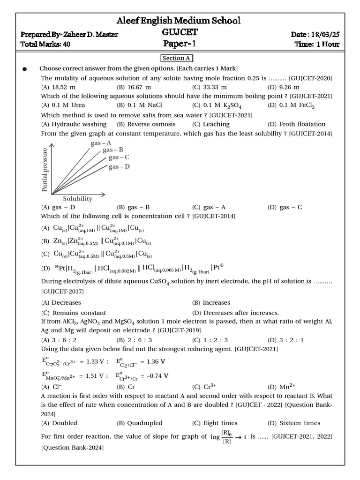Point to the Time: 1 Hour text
317,45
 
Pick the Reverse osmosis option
146,124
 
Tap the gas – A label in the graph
101,143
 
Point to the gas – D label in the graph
119,167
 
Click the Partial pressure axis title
45,170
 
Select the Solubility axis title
78,199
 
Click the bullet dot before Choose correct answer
25,69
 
